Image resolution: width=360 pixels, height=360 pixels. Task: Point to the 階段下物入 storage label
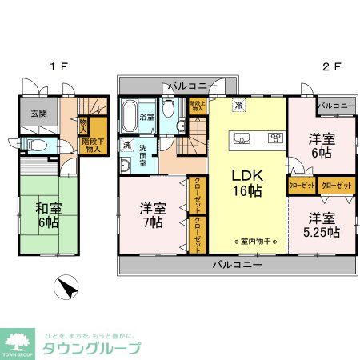point(93,144)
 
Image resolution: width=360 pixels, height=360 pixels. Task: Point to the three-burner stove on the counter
point(274,137)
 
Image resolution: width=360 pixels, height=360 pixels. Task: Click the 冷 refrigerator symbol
point(238,105)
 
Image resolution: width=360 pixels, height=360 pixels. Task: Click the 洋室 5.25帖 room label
point(322,225)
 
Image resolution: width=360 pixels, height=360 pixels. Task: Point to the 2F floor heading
point(327,66)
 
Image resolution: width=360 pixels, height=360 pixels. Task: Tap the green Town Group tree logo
point(18,342)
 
